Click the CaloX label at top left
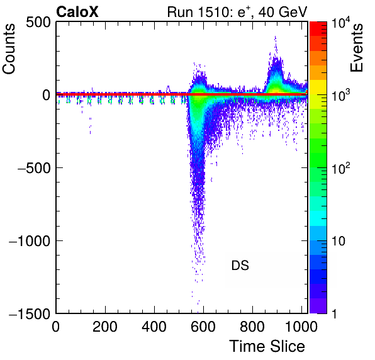77,12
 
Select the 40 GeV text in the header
283,12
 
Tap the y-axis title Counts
9,49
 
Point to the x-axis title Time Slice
267,346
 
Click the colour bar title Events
357,48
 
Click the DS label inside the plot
240,266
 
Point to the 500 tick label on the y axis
38,23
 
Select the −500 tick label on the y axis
34,169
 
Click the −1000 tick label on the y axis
30,241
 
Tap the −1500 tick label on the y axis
30,313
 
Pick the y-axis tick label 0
47,96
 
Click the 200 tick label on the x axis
105,327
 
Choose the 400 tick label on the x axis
154,327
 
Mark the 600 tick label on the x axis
203,327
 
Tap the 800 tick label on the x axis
252,327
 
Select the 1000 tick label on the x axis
301,327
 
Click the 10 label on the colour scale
338,241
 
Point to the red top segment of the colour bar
318,28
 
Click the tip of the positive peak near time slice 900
276,37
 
